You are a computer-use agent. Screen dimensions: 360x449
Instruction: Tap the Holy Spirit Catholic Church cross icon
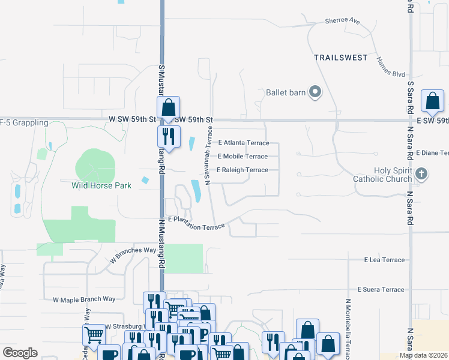(421, 174)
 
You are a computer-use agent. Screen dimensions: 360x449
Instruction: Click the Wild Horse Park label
(101, 185)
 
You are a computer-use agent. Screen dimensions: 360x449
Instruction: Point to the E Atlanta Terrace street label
(244, 143)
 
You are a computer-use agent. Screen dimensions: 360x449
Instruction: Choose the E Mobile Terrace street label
(243, 157)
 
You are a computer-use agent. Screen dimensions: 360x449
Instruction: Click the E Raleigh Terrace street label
(242, 170)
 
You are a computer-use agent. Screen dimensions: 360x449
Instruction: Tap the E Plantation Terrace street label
(196, 223)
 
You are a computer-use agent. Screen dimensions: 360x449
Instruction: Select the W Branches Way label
(133, 255)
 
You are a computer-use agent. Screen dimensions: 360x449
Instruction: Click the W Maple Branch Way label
(84, 299)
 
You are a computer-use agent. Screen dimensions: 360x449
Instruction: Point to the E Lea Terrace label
(384, 260)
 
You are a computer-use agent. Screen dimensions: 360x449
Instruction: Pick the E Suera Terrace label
(381, 289)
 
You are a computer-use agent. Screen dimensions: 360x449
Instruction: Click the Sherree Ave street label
(342, 21)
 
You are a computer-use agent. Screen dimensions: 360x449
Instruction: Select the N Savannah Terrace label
(209, 156)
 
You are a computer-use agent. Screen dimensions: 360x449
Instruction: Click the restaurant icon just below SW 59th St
(169, 137)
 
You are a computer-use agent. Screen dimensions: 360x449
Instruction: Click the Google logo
(20, 353)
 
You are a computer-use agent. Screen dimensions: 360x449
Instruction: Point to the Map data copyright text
(424, 355)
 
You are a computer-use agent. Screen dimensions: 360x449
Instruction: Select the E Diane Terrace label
(432, 153)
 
